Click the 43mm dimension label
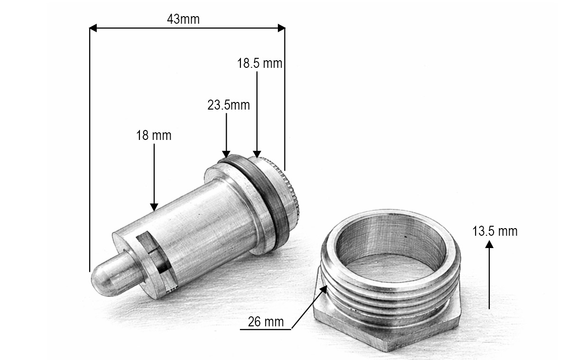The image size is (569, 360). (183, 19)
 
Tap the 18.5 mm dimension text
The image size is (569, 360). (260, 63)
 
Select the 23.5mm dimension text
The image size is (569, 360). (229, 105)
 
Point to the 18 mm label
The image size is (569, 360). (154, 135)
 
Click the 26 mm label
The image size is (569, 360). (266, 322)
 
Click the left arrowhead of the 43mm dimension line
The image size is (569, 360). (93, 28)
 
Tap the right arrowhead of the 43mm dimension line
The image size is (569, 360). (281, 28)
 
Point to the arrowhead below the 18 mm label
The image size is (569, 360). (154, 207)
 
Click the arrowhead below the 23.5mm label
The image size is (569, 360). (226, 154)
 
